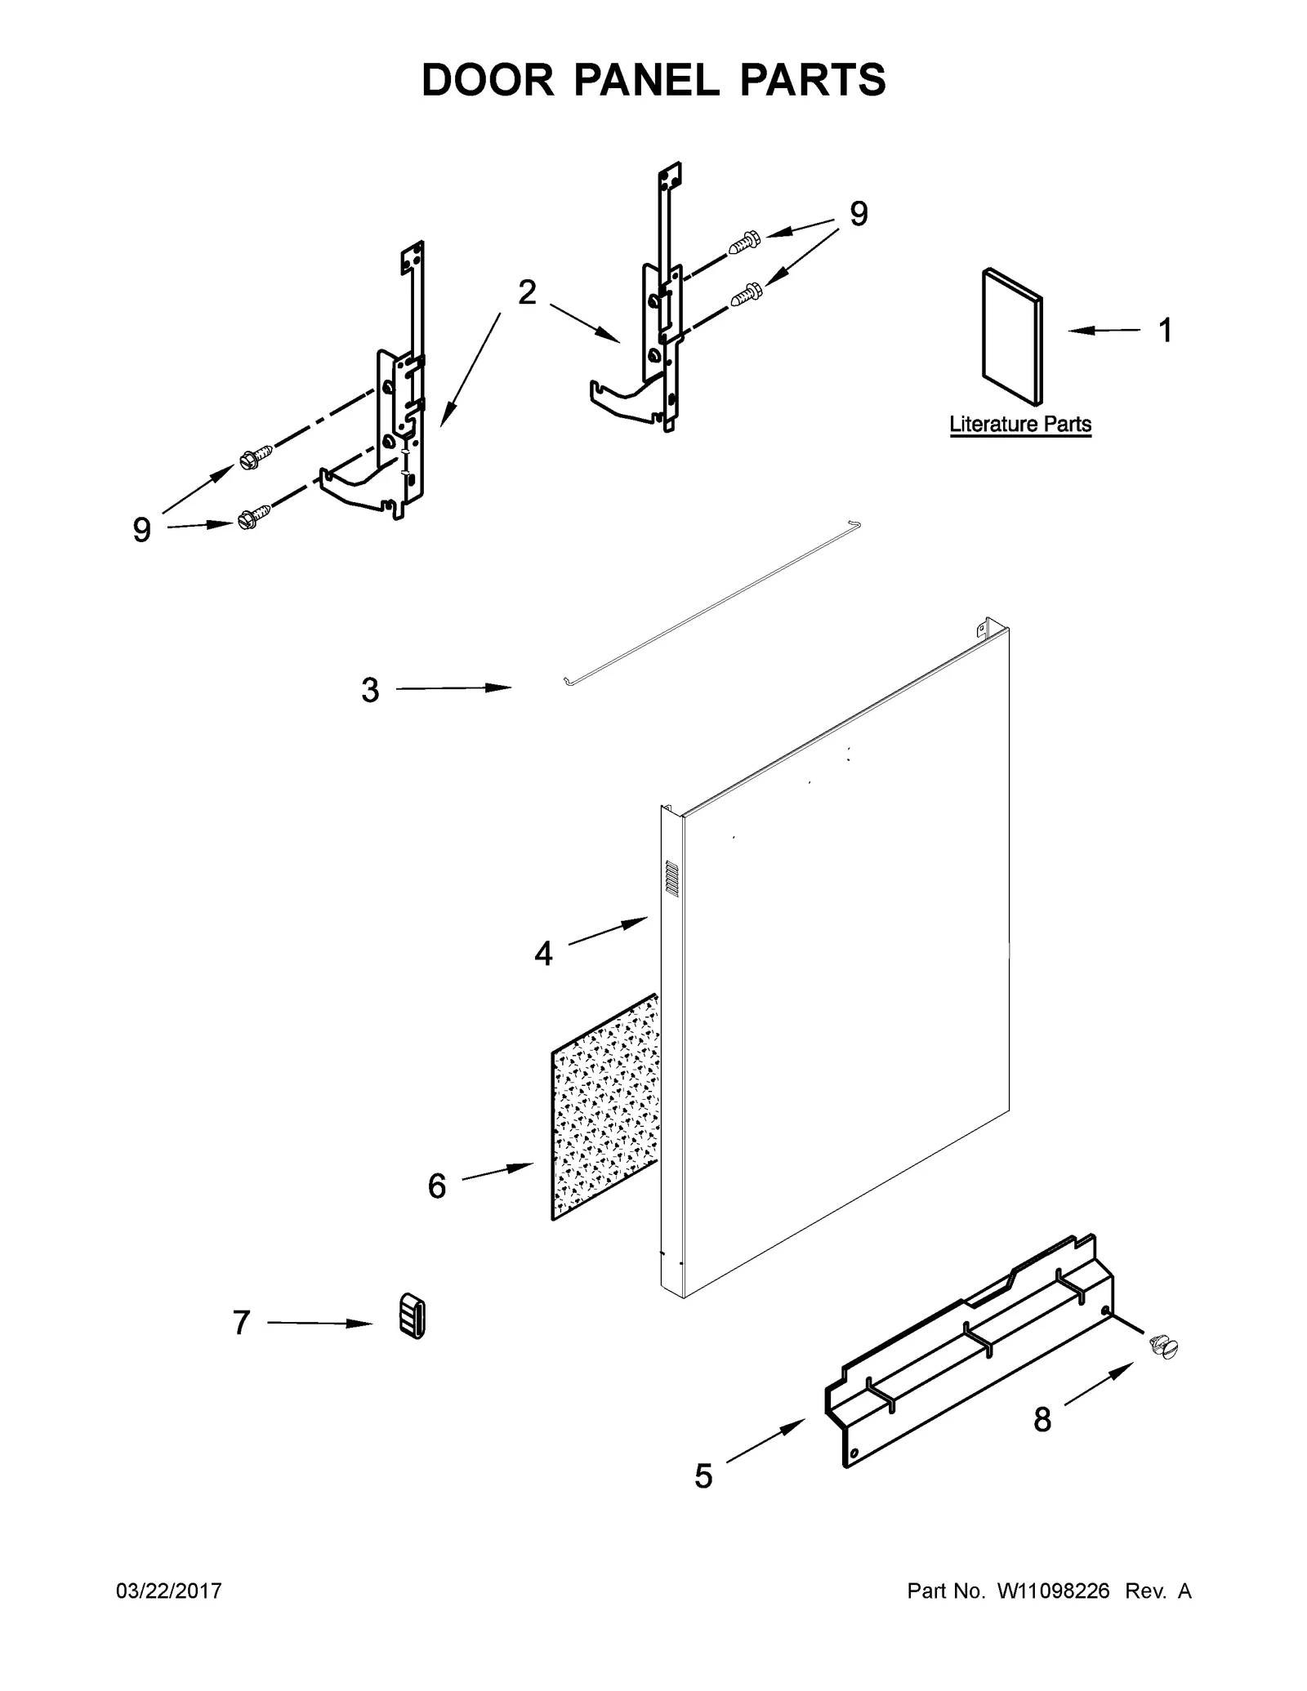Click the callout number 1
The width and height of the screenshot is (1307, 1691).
click(x=1165, y=331)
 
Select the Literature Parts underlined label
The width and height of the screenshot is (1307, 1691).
click(x=1020, y=425)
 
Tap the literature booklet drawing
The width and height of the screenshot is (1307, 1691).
click(x=1012, y=337)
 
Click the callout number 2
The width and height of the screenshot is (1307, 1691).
click(x=528, y=292)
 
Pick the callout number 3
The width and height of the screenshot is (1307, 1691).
click(x=370, y=691)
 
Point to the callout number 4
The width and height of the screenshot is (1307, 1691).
click(x=543, y=953)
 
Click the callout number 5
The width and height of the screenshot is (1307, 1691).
click(x=703, y=1475)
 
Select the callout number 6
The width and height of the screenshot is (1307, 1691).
click(x=437, y=1186)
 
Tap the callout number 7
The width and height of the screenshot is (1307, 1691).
click(x=241, y=1323)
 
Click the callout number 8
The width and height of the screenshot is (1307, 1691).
click(x=1042, y=1420)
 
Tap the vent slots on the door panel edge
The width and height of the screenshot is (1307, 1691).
click(x=671, y=879)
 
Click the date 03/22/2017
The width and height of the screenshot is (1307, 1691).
click(x=170, y=1591)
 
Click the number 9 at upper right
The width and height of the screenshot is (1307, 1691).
click(x=859, y=215)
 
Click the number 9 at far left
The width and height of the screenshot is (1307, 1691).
click(x=142, y=532)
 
